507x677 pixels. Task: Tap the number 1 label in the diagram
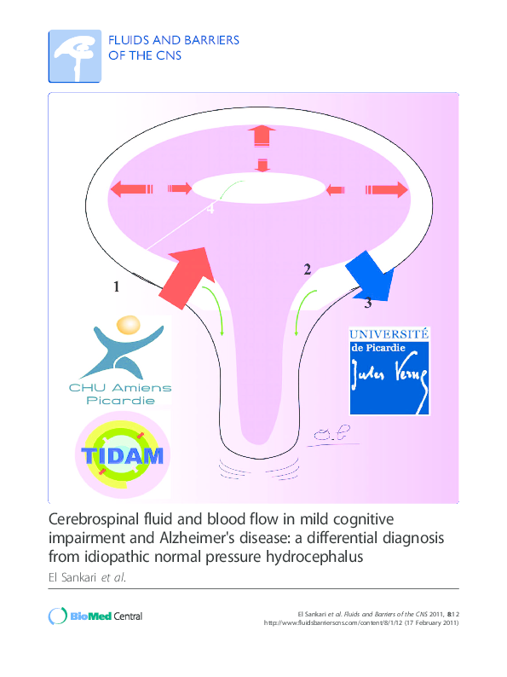116,288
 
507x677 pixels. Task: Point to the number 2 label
307,269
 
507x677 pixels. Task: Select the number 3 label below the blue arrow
368,303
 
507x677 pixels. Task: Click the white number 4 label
210,212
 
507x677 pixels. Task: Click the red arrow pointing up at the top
262,136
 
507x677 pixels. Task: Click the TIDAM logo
121,454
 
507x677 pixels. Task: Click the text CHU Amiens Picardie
119,393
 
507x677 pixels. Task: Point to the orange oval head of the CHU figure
128,325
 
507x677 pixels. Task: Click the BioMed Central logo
95,616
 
